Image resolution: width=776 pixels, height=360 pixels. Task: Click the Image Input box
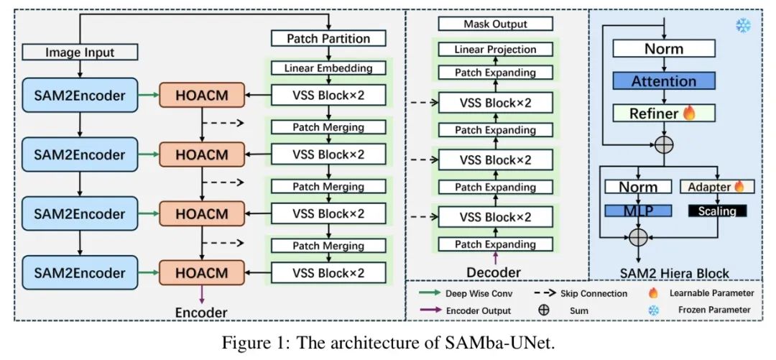pos(80,52)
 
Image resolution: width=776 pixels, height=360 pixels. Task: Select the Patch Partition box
pos(328,38)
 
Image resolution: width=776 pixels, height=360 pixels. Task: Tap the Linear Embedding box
pos(328,68)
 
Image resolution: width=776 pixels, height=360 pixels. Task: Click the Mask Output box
pos(496,24)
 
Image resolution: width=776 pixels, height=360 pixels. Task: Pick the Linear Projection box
pos(496,50)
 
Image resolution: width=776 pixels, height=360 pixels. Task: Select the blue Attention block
pos(663,80)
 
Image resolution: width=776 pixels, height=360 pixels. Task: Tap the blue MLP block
pos(638,211)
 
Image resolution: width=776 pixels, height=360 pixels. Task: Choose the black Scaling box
pos(716,211)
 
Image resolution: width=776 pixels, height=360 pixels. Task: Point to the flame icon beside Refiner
pos(688,113)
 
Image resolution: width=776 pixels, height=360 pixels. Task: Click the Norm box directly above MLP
pos(638,187)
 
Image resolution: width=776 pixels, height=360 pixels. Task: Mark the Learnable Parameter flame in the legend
pos(653,293)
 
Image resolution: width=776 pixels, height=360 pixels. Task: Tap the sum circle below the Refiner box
pos(664,144)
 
